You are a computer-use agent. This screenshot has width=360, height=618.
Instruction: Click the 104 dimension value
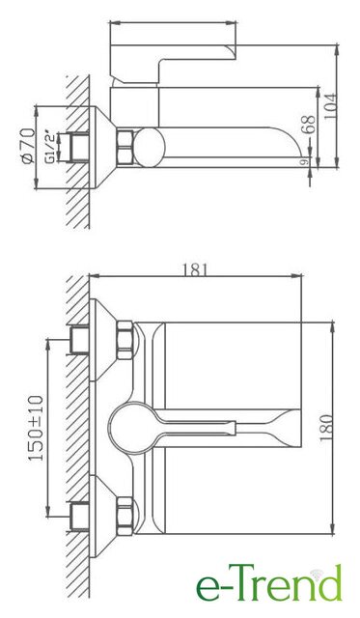pos(331,106)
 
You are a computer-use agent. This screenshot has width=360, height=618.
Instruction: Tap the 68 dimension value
pos(310,125)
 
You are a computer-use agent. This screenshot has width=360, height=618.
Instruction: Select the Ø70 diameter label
pos(28,146)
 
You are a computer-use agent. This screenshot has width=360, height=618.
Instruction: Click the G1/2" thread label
pos(50,147)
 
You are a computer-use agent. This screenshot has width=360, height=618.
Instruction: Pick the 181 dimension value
pos(195,269)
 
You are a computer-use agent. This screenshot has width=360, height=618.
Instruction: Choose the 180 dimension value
pos(326,427)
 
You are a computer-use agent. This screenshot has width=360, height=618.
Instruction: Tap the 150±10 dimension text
pos(36,428)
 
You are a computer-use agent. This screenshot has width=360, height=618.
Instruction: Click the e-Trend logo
pos(269,583)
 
